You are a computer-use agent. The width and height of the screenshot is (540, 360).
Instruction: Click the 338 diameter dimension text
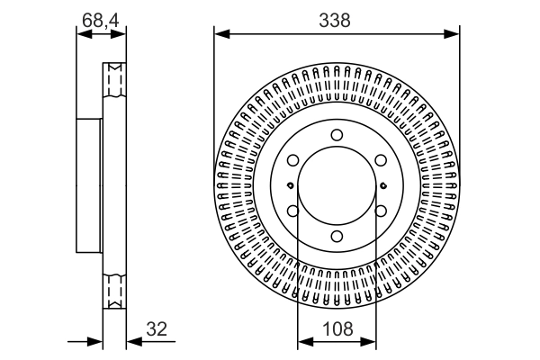tap(337, 18)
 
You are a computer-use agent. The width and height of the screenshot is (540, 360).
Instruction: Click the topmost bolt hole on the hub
tap(337, 135)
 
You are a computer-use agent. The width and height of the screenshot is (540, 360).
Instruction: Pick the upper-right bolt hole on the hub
tap(381, 160)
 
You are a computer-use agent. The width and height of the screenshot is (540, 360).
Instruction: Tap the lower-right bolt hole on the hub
tap(381, 211)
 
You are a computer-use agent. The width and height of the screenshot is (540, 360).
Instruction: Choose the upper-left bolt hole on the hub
tap(292, 160)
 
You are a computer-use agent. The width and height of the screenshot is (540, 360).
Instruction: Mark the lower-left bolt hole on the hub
tap(292, 211)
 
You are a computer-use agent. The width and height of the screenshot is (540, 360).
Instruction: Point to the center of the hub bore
tap(337, 186)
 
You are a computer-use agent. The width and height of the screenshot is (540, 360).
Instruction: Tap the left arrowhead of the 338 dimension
tap(219, 34)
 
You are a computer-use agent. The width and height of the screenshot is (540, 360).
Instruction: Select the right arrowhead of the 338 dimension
tap(454, 34)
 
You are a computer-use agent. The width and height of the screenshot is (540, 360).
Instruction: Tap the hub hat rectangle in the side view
tap(89, 186)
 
